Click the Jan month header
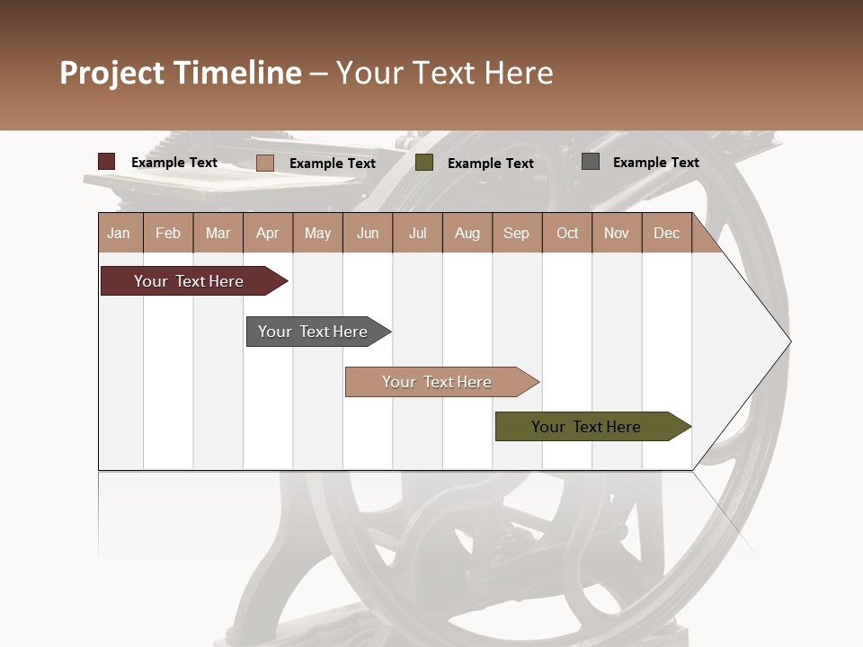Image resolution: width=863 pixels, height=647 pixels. coord(120,233)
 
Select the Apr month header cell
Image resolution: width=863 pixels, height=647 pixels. coord(268,233)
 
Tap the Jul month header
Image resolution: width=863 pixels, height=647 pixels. coord(417,233)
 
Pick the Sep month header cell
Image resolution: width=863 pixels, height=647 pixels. coord(517,233)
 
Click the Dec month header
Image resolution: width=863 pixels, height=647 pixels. coord(666,233)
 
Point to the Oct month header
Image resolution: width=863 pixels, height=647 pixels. coord(567,233)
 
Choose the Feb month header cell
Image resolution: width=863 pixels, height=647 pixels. coord(168,233)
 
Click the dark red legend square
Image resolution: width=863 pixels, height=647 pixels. coord(107,162)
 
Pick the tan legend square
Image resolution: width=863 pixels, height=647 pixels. coord(265,163)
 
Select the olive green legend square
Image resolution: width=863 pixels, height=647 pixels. coord(424,163)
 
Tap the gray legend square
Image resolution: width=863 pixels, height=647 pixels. coord(591,162)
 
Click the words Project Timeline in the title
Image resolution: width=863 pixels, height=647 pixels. coord(180,73)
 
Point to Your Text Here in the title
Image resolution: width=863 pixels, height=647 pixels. coord(445,73)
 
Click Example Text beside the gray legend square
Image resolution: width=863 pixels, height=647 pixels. coord(655,163)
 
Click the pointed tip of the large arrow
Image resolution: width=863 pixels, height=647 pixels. coord(788,341)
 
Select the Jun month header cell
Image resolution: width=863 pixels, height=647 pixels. coord(368,233)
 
